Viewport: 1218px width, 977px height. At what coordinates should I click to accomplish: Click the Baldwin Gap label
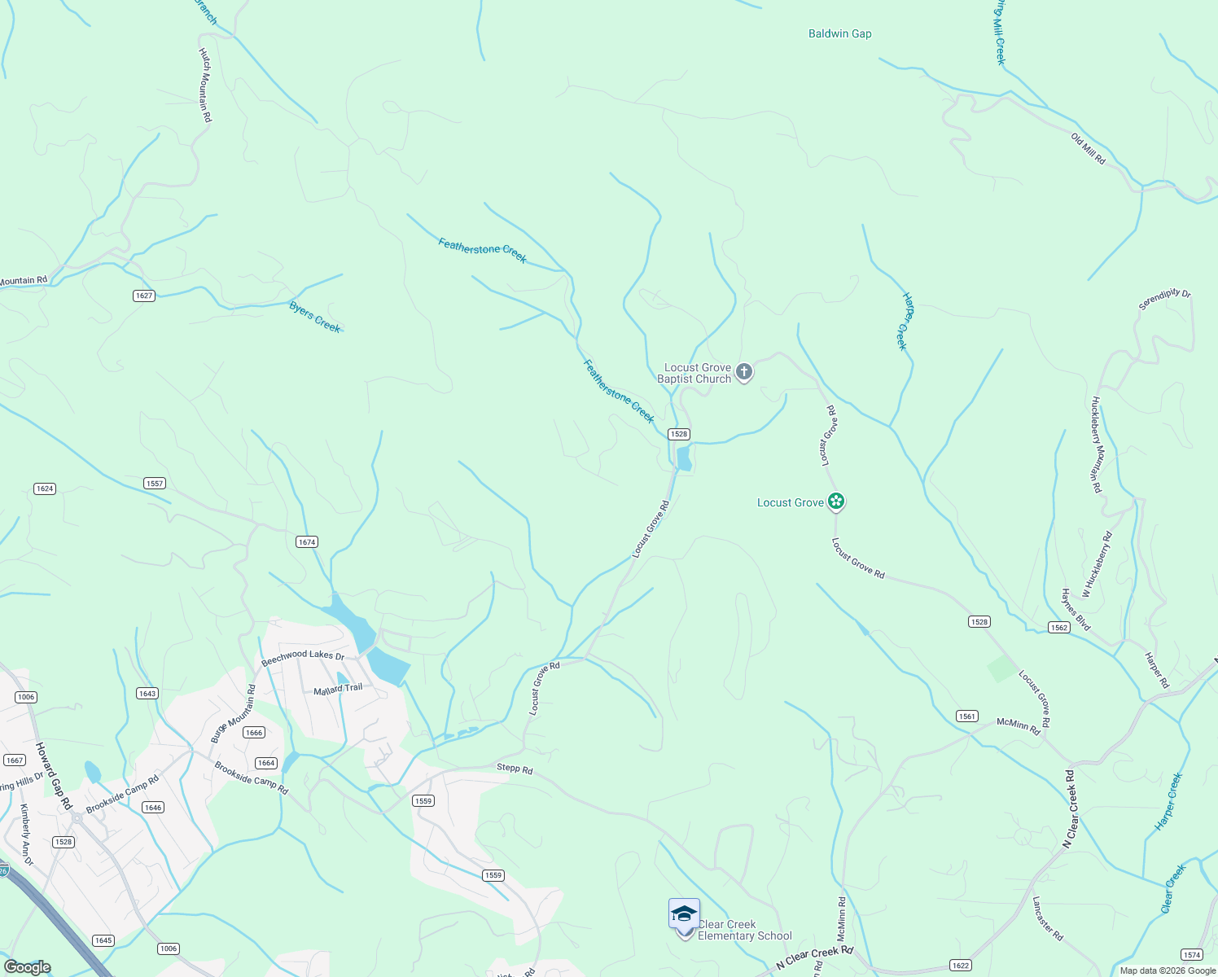pyautogui.click(x=839, y=34)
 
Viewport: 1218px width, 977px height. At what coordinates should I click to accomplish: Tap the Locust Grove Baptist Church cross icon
pyautogui.click(x=743, y=373)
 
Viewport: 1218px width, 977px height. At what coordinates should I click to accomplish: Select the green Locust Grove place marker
pyautogui.click(x=835, y=502)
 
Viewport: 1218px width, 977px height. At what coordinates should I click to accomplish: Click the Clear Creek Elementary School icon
pyautogui.click(x=684, y=916)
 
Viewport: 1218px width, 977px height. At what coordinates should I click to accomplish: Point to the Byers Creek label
pyautogui.click(x=315, y=317)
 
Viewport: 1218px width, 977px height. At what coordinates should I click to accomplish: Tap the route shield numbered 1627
pyautogui.click(x=144, y=296)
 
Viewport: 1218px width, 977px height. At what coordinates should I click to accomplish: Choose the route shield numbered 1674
pyautogui.click(x=306, y=542)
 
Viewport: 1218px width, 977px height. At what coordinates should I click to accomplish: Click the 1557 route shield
pyautogui.click(x=155, y=484)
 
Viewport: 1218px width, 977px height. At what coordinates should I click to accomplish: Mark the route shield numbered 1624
pyautogui.click(x=45, y=488)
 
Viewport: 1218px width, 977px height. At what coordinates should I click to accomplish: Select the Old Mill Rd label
pyautogui.click(x=1089, y=150)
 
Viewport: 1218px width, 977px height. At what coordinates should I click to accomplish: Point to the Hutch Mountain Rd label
pyautogui.click(x=205, y=85)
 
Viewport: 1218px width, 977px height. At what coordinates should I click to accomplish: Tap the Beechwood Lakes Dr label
pyautogui.click(x=303, y=655)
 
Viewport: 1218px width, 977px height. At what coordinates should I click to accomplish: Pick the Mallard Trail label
pyautogui.click(x=338, y=689)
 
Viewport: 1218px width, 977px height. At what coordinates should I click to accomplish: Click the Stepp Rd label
pyautogui.click(x=515, y=769)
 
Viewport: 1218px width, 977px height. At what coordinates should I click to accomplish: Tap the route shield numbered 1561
pyautogui.click(x=966, y=716)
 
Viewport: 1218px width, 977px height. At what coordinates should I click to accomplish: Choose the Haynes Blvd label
pyautogui.click(x=1075, y=610)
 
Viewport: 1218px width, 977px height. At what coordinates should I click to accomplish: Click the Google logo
pyautogui.click(x=28, y=967)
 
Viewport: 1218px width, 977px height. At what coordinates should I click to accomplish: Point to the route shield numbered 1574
pyautogui.click(x=1191, y=954)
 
